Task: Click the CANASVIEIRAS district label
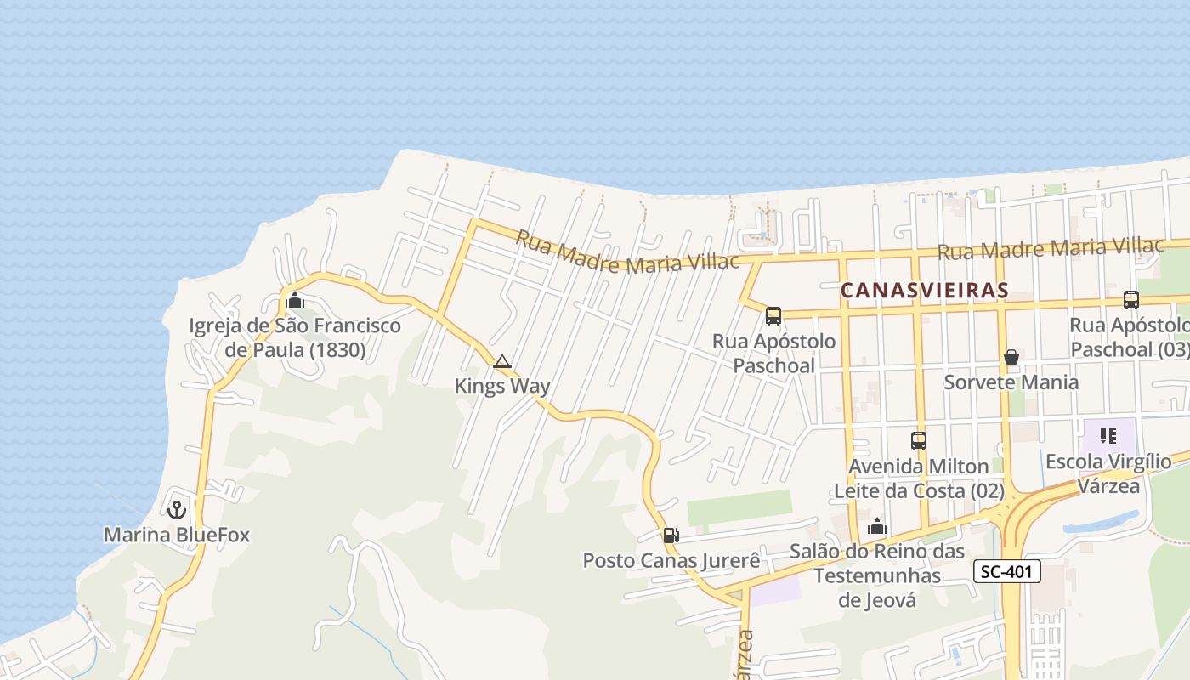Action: [924, 291]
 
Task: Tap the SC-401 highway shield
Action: [1006, 571]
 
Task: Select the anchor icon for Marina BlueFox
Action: [177, 510]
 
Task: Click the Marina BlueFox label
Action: [177, 535]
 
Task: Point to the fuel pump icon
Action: [671, 535]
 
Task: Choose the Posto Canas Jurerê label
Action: [671, 561]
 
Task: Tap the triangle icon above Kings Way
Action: [501, 362]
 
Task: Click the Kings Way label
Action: [502, 386]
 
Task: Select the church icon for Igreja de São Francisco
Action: [295, 300]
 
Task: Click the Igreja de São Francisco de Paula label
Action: [295, 337]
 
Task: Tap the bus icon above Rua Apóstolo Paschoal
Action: [773, 316]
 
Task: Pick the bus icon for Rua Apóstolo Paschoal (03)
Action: [1130, 300]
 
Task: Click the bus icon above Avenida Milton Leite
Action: [918, 441]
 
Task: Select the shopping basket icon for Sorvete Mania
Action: [1011, 357]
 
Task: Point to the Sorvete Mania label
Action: [1011, 382]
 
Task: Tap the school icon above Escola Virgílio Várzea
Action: [1108, 437]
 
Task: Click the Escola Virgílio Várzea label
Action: [1108, 473]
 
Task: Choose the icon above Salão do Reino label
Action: [877, 527]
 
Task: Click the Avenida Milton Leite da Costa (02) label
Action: [919, 479]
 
